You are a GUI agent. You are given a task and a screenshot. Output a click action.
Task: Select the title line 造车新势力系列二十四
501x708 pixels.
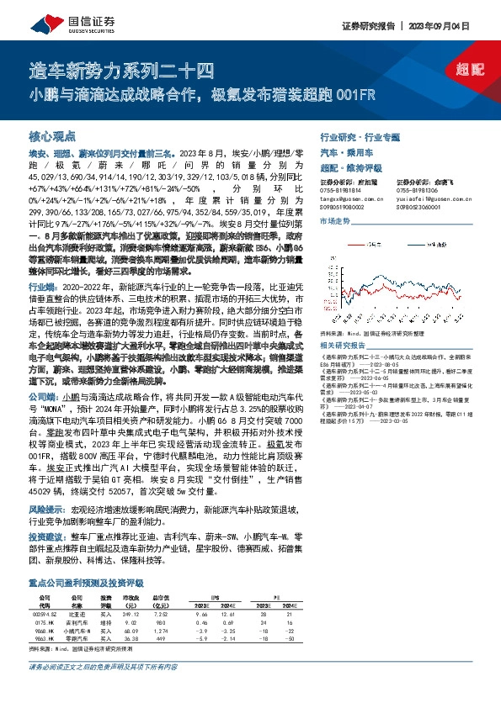pyautogui.click(x=123, y=71)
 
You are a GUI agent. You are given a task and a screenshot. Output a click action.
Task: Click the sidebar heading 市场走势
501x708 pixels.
pyautogui.click(x=335, y=220)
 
